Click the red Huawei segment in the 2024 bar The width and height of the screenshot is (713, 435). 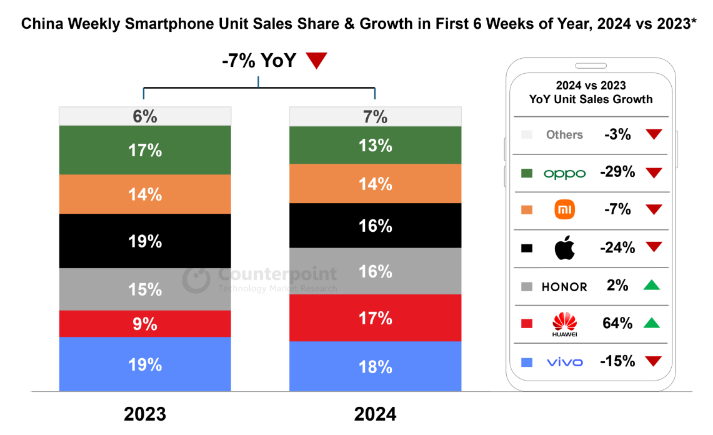coord(375,317)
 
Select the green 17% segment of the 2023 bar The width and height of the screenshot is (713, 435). coord(145,150)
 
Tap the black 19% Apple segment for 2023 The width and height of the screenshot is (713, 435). coord(145,241)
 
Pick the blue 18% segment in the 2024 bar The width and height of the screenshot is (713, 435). coord(375,366)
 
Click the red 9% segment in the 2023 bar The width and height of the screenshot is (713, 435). coord(145,324)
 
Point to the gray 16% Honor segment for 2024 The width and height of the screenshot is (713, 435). coord(375,271)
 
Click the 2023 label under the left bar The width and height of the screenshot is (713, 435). coord(145,414)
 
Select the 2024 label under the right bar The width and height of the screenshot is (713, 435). coord(375,414)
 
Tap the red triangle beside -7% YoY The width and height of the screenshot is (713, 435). coord(317,61)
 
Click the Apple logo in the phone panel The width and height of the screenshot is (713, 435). coord(564,248)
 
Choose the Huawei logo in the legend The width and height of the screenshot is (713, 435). coord(564,324)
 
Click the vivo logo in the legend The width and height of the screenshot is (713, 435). coord(564,362)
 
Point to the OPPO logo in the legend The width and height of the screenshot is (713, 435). coord(564,173)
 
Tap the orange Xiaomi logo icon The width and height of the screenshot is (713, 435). coord(564,209)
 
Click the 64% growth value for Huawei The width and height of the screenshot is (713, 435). coord(617,323)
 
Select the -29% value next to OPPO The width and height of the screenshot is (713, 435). coord(617,172)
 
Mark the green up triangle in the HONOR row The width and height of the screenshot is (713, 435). coord(652,285)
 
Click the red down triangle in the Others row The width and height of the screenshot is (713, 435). coord(654,134)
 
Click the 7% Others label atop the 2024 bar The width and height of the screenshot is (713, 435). coord(375,117)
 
